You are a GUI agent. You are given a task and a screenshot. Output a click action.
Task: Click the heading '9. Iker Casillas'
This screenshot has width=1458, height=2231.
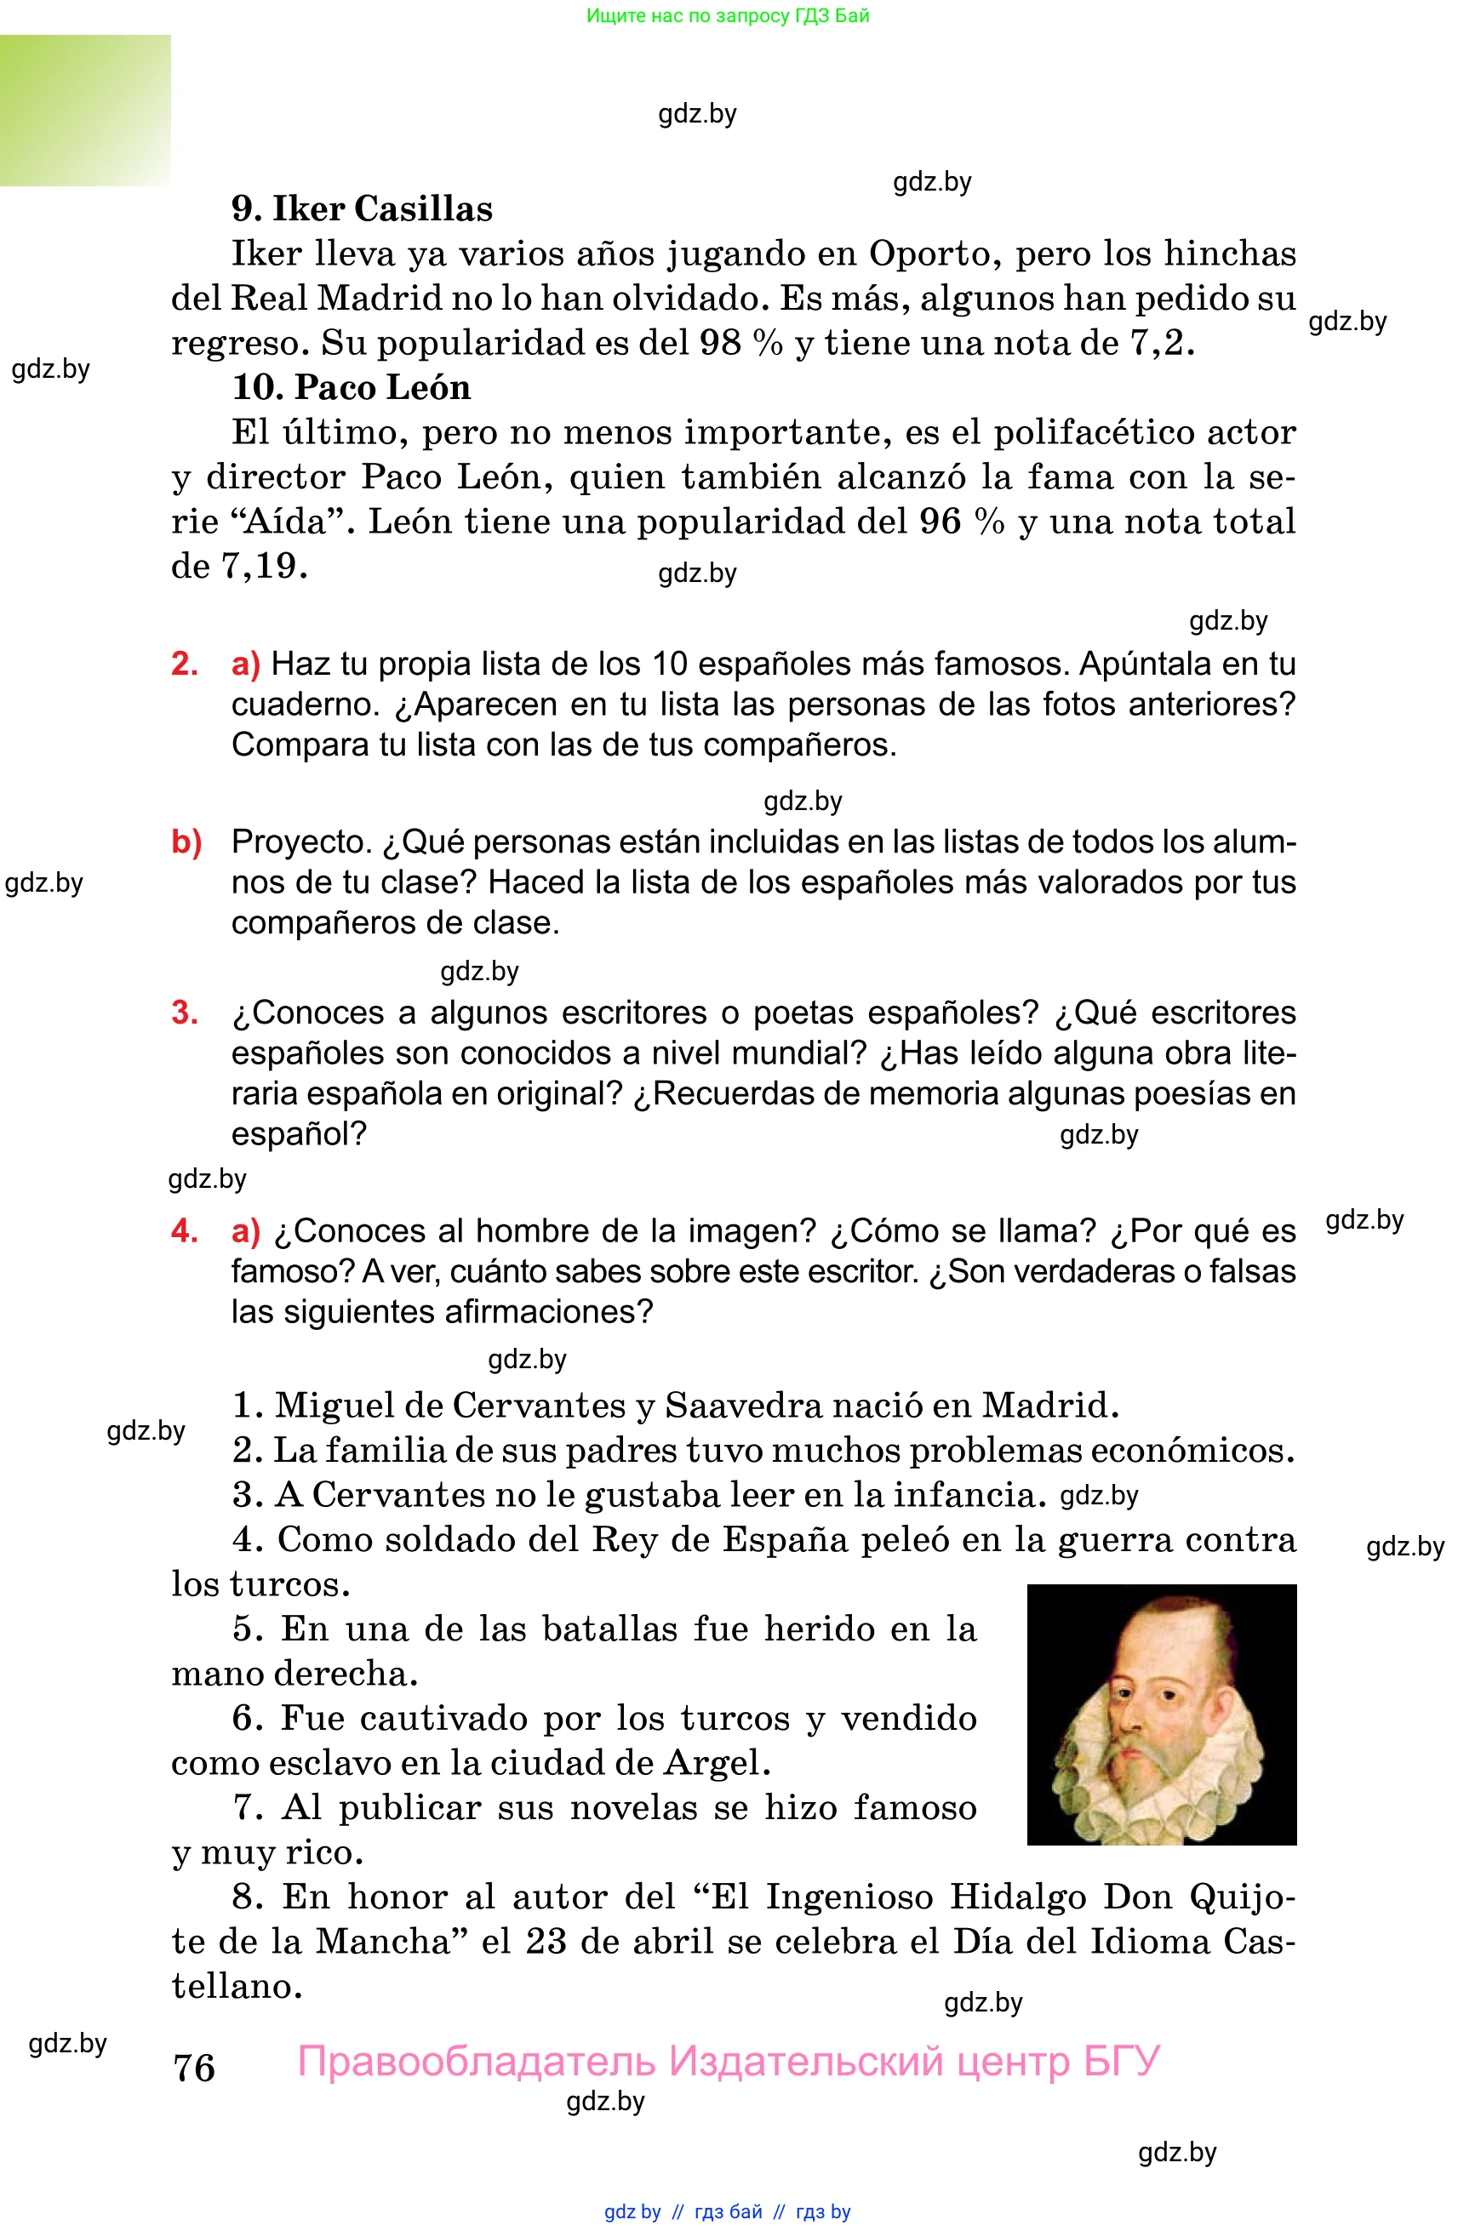(362, 208)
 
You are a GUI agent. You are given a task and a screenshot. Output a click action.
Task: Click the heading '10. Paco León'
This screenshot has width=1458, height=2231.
(351, 387)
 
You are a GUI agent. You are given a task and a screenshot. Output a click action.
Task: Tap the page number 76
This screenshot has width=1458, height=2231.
(194, 2068)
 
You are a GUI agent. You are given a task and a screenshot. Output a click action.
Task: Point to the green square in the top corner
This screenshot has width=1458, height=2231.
(84, 110)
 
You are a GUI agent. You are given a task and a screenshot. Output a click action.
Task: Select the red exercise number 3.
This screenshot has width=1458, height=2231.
(184, 1013)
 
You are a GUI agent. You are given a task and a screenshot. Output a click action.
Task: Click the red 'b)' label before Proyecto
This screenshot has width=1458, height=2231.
(186, 842)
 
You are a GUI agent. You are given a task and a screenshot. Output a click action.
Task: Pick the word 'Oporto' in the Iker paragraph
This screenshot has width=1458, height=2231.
(929, 253)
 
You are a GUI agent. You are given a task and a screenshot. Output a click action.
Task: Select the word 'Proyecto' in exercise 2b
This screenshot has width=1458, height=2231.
(302, 842)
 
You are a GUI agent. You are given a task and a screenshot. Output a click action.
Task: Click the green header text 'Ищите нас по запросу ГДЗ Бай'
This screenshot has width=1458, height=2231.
(728, 16)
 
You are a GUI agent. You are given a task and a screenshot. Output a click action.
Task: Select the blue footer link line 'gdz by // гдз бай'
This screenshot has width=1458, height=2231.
(728, 2211)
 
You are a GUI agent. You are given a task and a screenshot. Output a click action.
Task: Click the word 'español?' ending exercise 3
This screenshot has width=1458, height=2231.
(299, 1134)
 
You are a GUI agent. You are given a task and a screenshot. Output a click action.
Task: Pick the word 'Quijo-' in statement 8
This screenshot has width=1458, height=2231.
(1242, 1897)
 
